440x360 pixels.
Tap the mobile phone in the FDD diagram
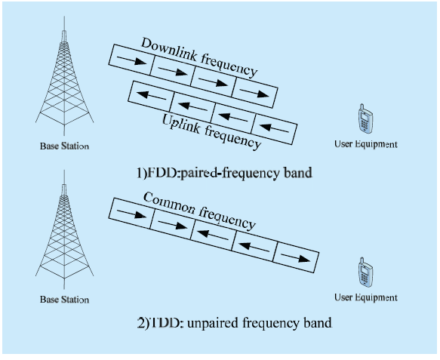coord(365,118)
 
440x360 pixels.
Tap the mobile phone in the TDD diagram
coord(365,272)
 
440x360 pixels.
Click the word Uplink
coord(181,124)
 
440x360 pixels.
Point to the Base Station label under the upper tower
coord(64,146)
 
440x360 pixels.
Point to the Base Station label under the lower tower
coord(64,300)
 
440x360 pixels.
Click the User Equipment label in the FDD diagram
coord(365,144)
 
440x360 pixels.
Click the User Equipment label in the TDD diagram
coord(365,297)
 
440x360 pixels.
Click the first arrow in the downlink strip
coord(131,60)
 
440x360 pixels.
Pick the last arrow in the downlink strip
coord(254,93)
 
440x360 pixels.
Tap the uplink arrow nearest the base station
coord(151,95)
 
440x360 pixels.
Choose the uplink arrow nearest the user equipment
coord(274,128)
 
